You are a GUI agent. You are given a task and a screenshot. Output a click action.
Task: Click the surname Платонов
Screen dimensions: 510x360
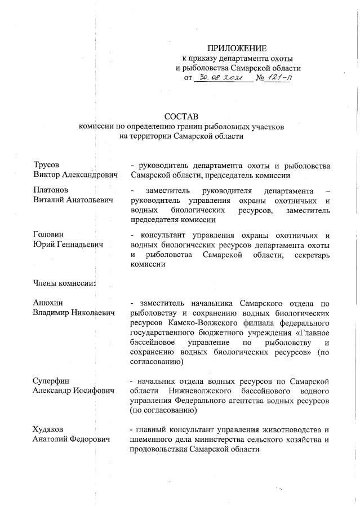pyautogui.click(x=51, y=190)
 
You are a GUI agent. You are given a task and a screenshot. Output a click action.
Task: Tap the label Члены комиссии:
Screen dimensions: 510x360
pyautogui.click(x=64, y=283)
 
